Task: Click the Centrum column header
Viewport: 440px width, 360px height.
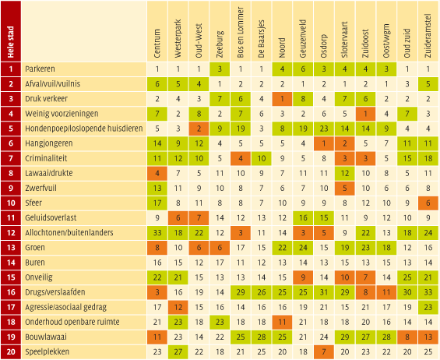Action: coord(157,44)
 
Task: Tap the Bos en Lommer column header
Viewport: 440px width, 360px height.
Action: coord(241,32)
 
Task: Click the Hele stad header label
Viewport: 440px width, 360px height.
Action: coord(11,42)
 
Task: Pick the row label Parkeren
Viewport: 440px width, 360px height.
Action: coord(40,69)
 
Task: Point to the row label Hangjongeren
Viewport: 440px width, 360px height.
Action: coord(49,143)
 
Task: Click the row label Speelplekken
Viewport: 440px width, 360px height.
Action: coord(48,352)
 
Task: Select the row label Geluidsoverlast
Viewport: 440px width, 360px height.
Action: coord(51,217)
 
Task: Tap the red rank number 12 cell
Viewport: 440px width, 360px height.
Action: coord(11,232)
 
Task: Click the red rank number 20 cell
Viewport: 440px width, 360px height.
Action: coord(11,352)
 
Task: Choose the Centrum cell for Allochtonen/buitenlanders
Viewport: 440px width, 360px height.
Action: coord(157,233)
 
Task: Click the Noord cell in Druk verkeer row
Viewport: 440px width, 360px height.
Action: coord(282,99)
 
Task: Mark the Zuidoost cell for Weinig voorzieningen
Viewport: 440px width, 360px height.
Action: coord(365,114)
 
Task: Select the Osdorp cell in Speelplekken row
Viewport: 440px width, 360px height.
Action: coord(324,352)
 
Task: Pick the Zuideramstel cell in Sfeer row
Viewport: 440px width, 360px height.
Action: coord(428,203)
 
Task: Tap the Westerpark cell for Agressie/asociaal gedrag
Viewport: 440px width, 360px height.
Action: coord(178,307)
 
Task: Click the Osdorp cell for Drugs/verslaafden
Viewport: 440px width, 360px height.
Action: coord(324,292)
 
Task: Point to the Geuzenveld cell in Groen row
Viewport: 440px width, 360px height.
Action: coord(303,248)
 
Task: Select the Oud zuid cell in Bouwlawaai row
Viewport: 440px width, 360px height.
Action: coord(407,337)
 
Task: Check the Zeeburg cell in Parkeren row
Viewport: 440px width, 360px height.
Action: coord(220,69)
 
